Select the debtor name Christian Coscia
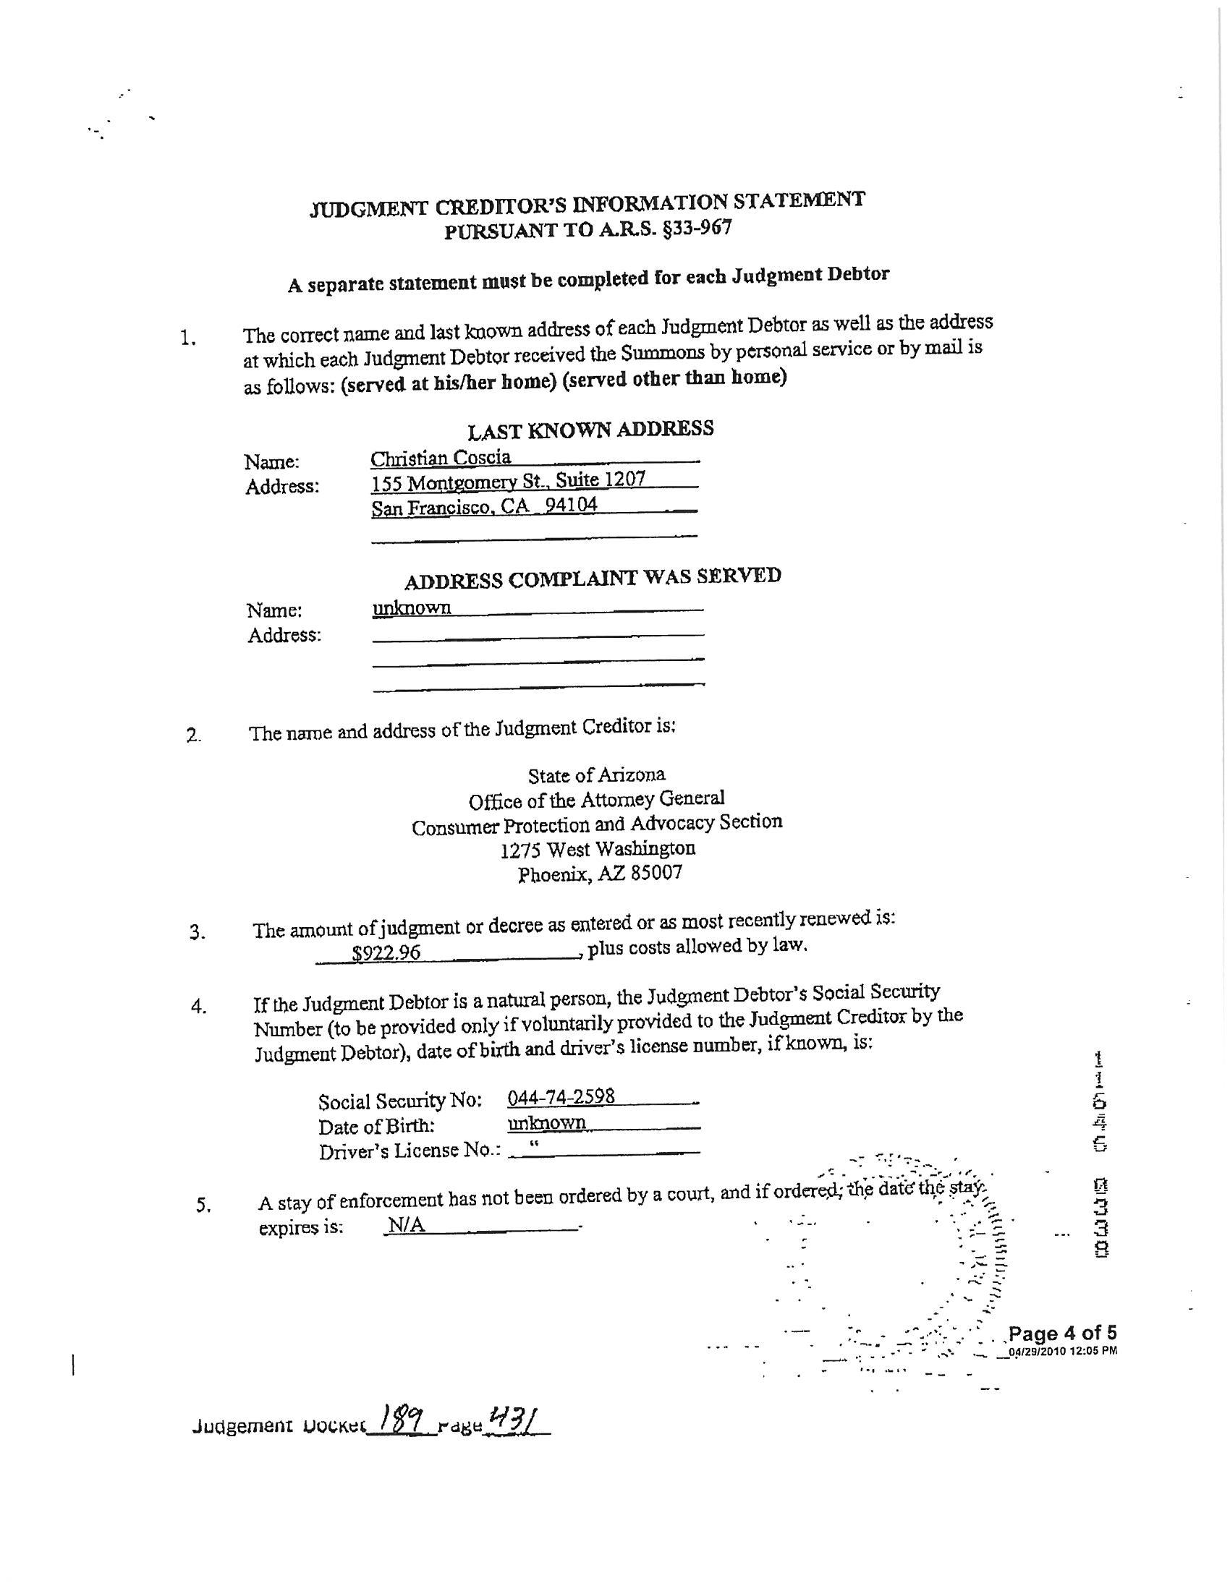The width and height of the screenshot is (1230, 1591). (x=441, y=458)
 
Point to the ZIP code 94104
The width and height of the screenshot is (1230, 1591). (x=572, y=504)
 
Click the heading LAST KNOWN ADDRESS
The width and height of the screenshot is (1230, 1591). (x=590, y=429)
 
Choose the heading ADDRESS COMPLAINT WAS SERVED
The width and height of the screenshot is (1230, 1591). (x=593, y=579)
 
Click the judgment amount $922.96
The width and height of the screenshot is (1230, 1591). (x=386, y=952)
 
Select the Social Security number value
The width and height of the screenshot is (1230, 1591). (x=561, y=1096)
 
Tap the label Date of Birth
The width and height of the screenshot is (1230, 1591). (x=376, y=1126)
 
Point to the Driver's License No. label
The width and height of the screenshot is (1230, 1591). (x=410, y=1151)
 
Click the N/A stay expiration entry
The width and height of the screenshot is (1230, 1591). (x=406, y=1225)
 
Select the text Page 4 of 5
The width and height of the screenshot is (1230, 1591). (x=1061, y=1333)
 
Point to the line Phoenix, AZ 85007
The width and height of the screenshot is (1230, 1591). (x=600, y=874)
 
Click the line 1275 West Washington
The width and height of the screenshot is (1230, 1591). (x=598, y=849)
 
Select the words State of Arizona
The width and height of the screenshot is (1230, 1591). (x=596, y=775)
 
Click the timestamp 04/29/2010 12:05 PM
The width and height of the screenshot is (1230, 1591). (x=1061, y=1351)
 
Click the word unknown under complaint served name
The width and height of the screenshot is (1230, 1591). (x=412, y=607)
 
